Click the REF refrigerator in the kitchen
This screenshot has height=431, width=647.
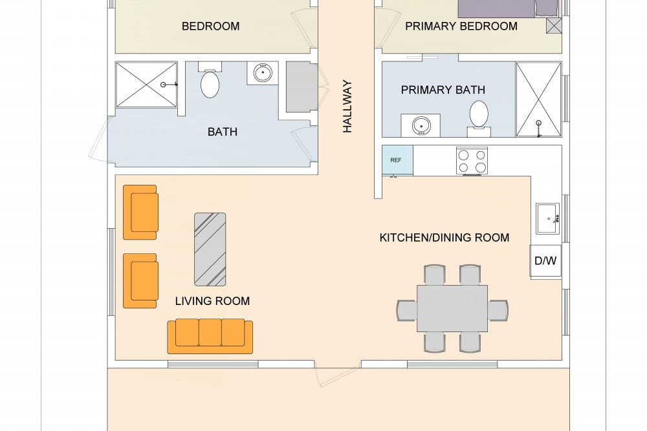tap(397, 160)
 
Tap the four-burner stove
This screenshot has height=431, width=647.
tap(472, 161)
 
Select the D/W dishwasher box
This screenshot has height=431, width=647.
tap(545, 261)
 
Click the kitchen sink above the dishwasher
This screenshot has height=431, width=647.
tap(548, 218)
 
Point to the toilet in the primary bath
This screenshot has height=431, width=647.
tap(479, 118)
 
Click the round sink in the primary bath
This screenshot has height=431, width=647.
tap(421, 125)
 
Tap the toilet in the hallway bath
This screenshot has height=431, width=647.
tap(210, 80)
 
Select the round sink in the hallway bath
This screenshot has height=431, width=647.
tap(263, 74)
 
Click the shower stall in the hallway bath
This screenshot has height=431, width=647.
tap(146, 85)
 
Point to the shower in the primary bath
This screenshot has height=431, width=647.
tap(538, 100)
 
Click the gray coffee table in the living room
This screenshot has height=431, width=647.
tap(210, 249)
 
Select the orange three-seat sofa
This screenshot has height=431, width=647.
tap(210, 336)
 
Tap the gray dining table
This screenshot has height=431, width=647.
tap(452, 308)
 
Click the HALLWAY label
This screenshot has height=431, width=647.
tap(347, 107)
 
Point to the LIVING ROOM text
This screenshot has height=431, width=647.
tap(212, 301)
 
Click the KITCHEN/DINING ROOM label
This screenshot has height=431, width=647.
tap(444, 238)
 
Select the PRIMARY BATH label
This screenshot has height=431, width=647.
tap(443, 90)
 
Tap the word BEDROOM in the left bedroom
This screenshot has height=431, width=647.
tap(211, 26)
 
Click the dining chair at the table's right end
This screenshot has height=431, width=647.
tap(498, 310)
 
